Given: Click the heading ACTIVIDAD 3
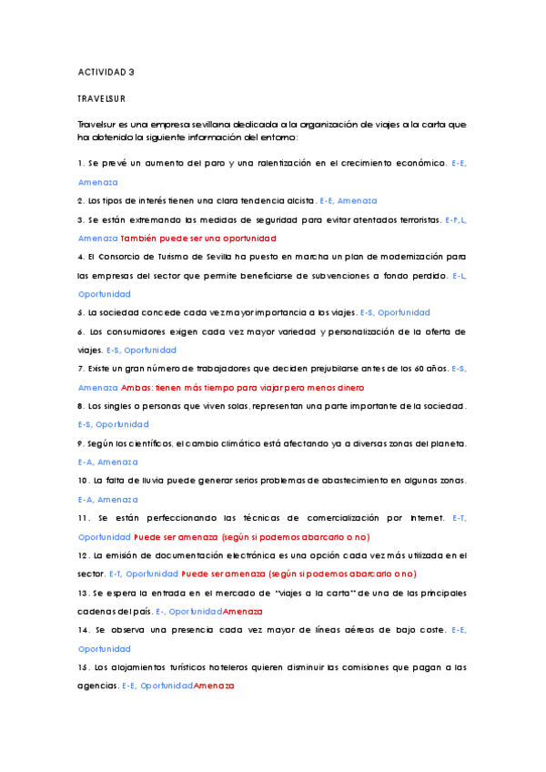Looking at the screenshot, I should tap(106, 71).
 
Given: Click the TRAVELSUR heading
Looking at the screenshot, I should tap(101, 97).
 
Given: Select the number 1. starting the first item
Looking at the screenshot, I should tap(81, 163).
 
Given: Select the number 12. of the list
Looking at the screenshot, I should tap(84, 555).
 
